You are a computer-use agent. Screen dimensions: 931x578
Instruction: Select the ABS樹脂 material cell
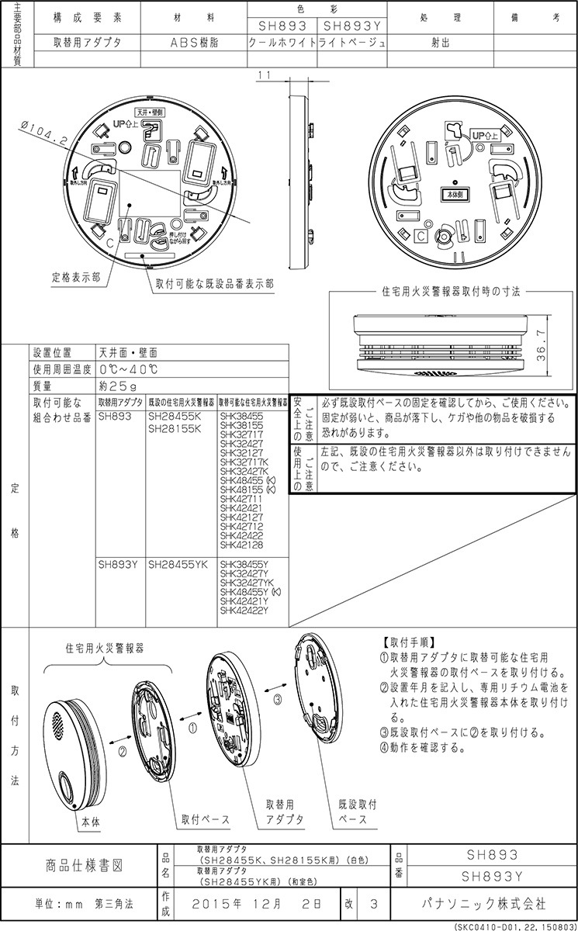tap(194, 43)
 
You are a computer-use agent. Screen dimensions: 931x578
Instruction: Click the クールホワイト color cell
tap(281, 43)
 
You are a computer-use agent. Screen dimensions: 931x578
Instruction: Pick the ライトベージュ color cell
tap(351, 43)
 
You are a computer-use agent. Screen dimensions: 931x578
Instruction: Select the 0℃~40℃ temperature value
tap(128, 369)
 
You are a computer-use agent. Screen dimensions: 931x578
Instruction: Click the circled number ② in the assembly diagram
tap(122, 750)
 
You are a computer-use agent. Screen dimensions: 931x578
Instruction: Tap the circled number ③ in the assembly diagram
tap(277, 698)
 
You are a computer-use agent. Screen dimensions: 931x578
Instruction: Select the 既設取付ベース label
tap(358, 812)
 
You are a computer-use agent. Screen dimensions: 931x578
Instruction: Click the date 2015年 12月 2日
tap(255, 904)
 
